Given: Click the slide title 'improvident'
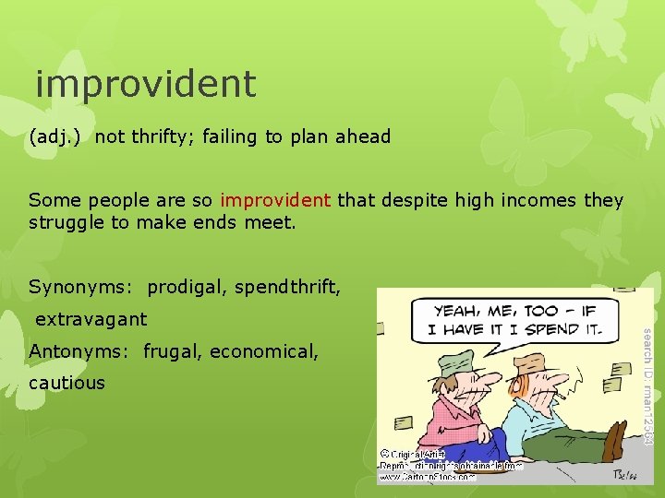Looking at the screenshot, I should coord(145,84).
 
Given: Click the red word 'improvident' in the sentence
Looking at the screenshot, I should coord(275,200).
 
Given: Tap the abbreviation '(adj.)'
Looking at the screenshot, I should coord(54,136).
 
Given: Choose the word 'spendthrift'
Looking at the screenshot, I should coord(286,288).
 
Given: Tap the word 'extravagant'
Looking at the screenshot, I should coord(91,319).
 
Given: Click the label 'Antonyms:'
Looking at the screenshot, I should coord(80,350).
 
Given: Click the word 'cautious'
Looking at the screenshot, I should coord(66,382).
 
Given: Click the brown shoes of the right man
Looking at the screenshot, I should coord(616,449).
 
